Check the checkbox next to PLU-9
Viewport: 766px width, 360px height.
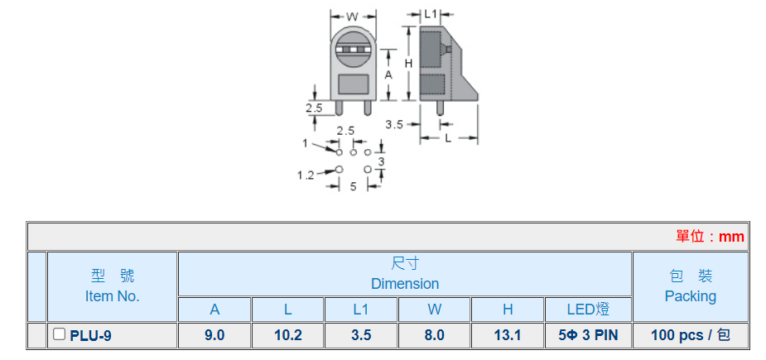59,334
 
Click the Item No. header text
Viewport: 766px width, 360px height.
112,295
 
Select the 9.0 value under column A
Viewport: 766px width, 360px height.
214,335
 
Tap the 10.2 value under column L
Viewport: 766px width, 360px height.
287,335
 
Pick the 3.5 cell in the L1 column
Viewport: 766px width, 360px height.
360,335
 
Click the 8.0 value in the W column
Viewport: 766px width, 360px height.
434,335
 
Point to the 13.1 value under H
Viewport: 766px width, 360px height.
507,335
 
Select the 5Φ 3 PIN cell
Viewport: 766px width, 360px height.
587,335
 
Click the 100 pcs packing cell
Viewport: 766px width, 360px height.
690,335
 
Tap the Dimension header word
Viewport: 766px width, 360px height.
404,284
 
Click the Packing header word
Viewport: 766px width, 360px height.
690,295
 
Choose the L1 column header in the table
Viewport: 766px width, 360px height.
360,310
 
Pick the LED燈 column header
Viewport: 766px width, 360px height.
587,310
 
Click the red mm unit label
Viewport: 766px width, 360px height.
731,237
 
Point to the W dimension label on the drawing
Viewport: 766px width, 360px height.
351,17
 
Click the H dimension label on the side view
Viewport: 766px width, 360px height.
408,63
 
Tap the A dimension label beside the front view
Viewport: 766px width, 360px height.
388,74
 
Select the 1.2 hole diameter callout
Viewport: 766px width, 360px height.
306,175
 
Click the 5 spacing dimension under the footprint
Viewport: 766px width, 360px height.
353,187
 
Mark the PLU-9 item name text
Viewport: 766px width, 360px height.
91,335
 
